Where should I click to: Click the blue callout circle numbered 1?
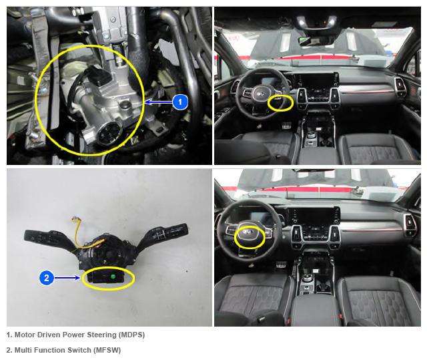tap(179, 102)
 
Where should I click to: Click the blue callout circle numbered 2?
tap(47, 278)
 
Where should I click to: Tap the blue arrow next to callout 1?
tap(159, 102)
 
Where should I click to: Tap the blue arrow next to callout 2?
tap(67, 278)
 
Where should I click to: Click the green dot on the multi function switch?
tap(113, 277)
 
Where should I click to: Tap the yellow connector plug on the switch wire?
tap(75, 218)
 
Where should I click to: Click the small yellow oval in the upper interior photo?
tap(280, 103)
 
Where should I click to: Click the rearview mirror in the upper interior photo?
tap(316, 40)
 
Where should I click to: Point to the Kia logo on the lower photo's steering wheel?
tap(248, 232)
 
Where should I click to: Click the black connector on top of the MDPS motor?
tap(98, 75)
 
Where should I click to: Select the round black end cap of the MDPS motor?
tap(109, 133)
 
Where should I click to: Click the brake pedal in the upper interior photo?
tap(286, 125)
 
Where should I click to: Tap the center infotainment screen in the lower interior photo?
tap(314, 215)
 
